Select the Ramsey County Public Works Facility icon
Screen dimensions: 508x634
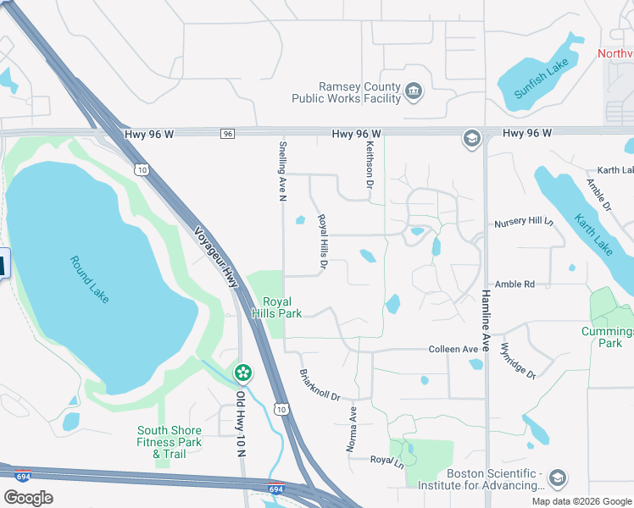(414, 91)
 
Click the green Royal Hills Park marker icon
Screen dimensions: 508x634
(243, 373)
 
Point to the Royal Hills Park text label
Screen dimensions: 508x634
(281, 307)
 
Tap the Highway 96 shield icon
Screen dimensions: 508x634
(227, 134)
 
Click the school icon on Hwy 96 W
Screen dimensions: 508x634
(471, 138)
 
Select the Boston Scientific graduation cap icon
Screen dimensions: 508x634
(557, 479)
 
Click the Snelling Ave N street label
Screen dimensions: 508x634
(283, 172)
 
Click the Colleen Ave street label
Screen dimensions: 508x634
(453, 349)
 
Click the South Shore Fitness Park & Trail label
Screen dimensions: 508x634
(170, 442)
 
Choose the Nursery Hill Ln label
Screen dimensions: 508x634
(523, 224)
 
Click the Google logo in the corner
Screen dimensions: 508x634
(27, 497)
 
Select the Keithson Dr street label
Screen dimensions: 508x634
(370, 163)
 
